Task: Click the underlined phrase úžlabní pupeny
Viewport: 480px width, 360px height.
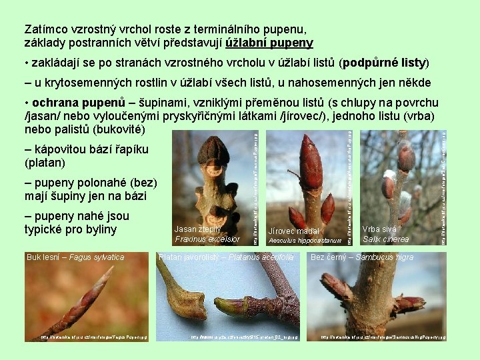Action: point(269,43)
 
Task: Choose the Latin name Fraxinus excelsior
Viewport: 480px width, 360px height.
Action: point(207,239)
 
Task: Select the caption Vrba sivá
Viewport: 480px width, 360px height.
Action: point(379,229)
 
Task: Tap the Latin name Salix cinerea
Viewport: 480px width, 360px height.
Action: point(386,239)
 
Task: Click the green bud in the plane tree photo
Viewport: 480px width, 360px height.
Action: point(233,306)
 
